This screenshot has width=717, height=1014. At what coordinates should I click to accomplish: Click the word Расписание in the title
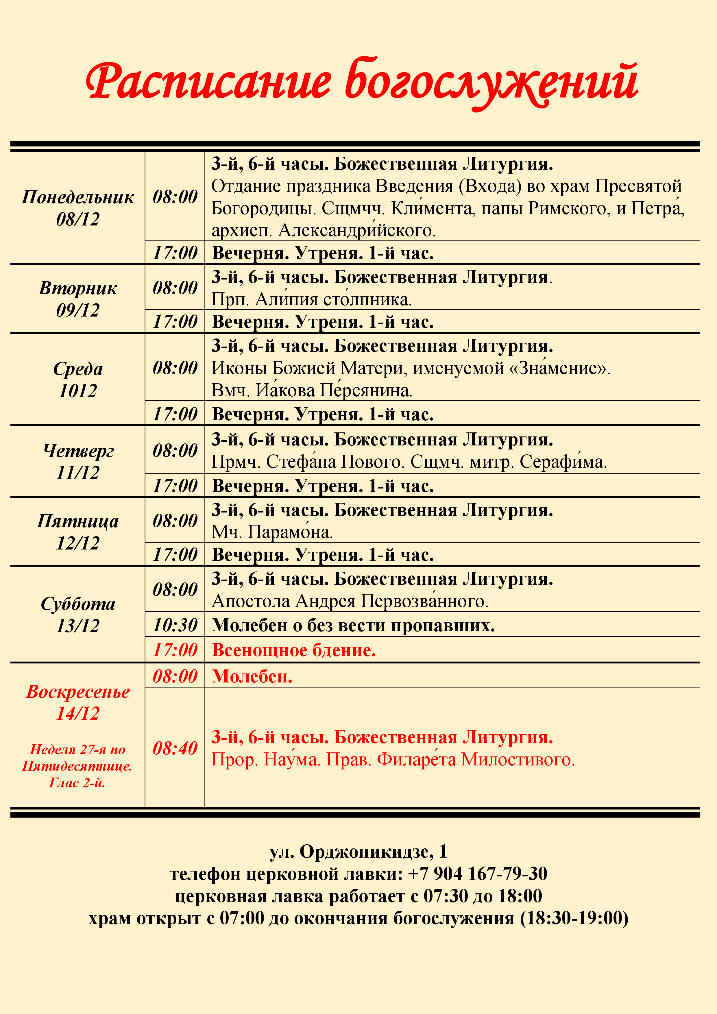208,82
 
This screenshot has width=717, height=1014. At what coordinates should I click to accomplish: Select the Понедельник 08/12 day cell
78,208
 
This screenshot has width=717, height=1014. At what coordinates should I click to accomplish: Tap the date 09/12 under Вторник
78,310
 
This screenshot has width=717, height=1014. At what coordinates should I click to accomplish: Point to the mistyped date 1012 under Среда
78,391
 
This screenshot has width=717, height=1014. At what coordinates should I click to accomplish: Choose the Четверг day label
78,450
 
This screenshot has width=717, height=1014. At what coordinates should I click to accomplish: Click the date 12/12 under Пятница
78,543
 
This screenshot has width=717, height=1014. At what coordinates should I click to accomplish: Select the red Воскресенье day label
78,692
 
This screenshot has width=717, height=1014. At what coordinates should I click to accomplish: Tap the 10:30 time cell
175,625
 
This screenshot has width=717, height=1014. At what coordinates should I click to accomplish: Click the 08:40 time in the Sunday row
175,748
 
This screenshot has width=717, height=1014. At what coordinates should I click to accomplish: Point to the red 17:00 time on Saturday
175,650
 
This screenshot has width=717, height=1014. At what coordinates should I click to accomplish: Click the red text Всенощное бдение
294,650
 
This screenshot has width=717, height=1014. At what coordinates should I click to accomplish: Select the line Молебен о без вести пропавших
353,625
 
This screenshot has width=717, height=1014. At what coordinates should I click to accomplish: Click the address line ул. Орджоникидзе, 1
358,851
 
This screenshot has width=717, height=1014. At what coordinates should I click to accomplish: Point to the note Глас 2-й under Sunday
77,783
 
